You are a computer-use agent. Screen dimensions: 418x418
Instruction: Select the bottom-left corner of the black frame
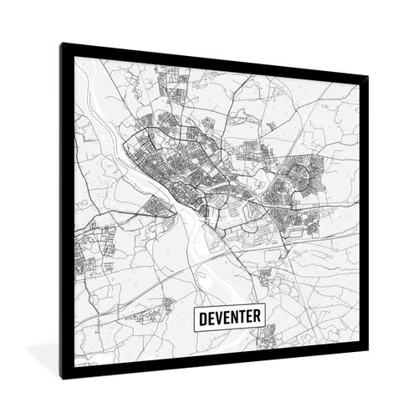tap(62, 378)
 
